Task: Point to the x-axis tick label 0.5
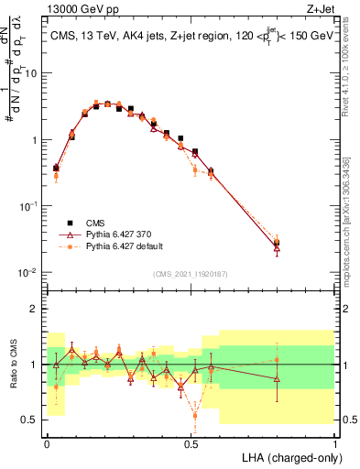click(191, 443)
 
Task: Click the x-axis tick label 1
click(334, 443)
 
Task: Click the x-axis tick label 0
click(47, 443)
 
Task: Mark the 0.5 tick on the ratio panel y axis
click(32, 420)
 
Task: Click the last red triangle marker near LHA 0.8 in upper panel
click(277, 248)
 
